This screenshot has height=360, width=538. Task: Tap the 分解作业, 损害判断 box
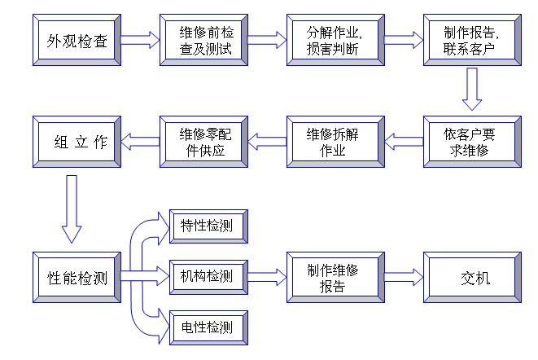click(335, 40)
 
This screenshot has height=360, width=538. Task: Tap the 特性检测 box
click(206, 226)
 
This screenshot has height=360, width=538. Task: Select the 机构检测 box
click(206, 277)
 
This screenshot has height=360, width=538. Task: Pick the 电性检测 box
click(206, 327)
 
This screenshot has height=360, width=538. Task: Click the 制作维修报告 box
click(335, 278)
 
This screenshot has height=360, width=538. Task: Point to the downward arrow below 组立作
click(72, 208)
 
